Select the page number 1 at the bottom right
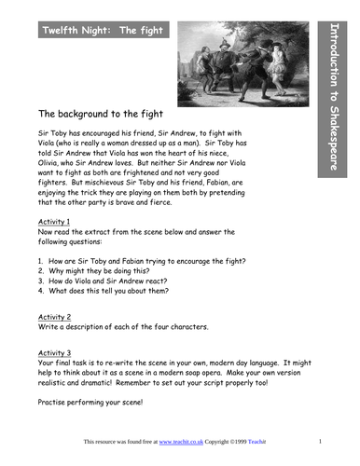[x=320, y=441]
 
